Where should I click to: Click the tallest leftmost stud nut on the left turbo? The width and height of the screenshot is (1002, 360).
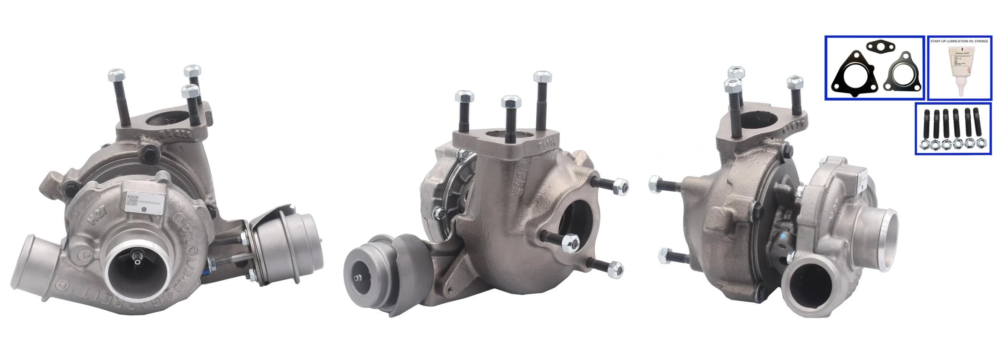(116, 75)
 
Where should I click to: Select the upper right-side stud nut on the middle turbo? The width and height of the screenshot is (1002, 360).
(620, 186)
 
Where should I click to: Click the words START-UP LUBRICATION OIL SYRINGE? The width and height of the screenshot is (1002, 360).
(959, 41)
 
